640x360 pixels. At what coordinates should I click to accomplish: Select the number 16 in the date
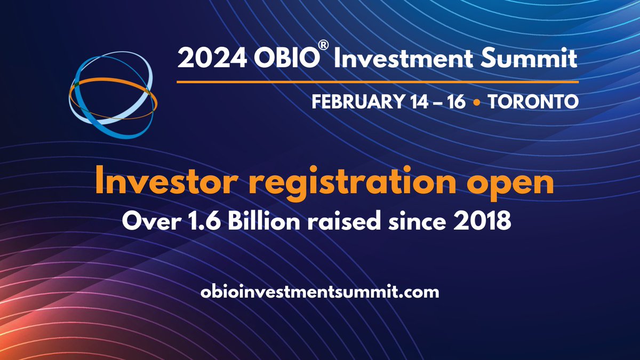pyautogui.click(x=457, y=101)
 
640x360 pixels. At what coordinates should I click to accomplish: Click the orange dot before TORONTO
pyautogui.click(x=476, y=101)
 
